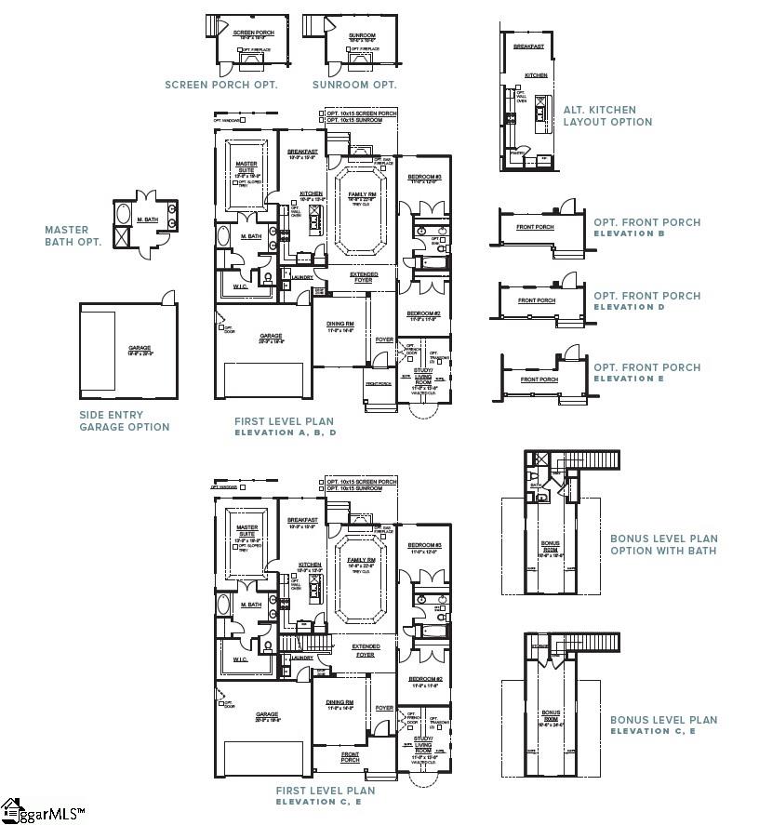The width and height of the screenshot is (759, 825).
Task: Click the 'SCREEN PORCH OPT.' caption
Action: tap(220, 85)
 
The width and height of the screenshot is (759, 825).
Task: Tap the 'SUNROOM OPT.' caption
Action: tap(354, 85)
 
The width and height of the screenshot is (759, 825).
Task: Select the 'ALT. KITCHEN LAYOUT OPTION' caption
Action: tap(607, 115)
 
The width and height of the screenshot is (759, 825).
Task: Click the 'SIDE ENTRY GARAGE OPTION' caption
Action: tap(125, 421)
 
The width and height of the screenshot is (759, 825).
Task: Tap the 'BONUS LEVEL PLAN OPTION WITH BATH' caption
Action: tap(664, 544)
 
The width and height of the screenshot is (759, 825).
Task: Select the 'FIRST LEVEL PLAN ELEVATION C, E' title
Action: tap(325, 795)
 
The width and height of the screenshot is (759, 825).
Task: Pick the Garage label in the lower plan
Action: tap(271, 715)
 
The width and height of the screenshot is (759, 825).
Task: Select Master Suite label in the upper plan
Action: tap(246, 168)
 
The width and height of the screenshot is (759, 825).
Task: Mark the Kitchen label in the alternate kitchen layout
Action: tap(536, 75)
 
